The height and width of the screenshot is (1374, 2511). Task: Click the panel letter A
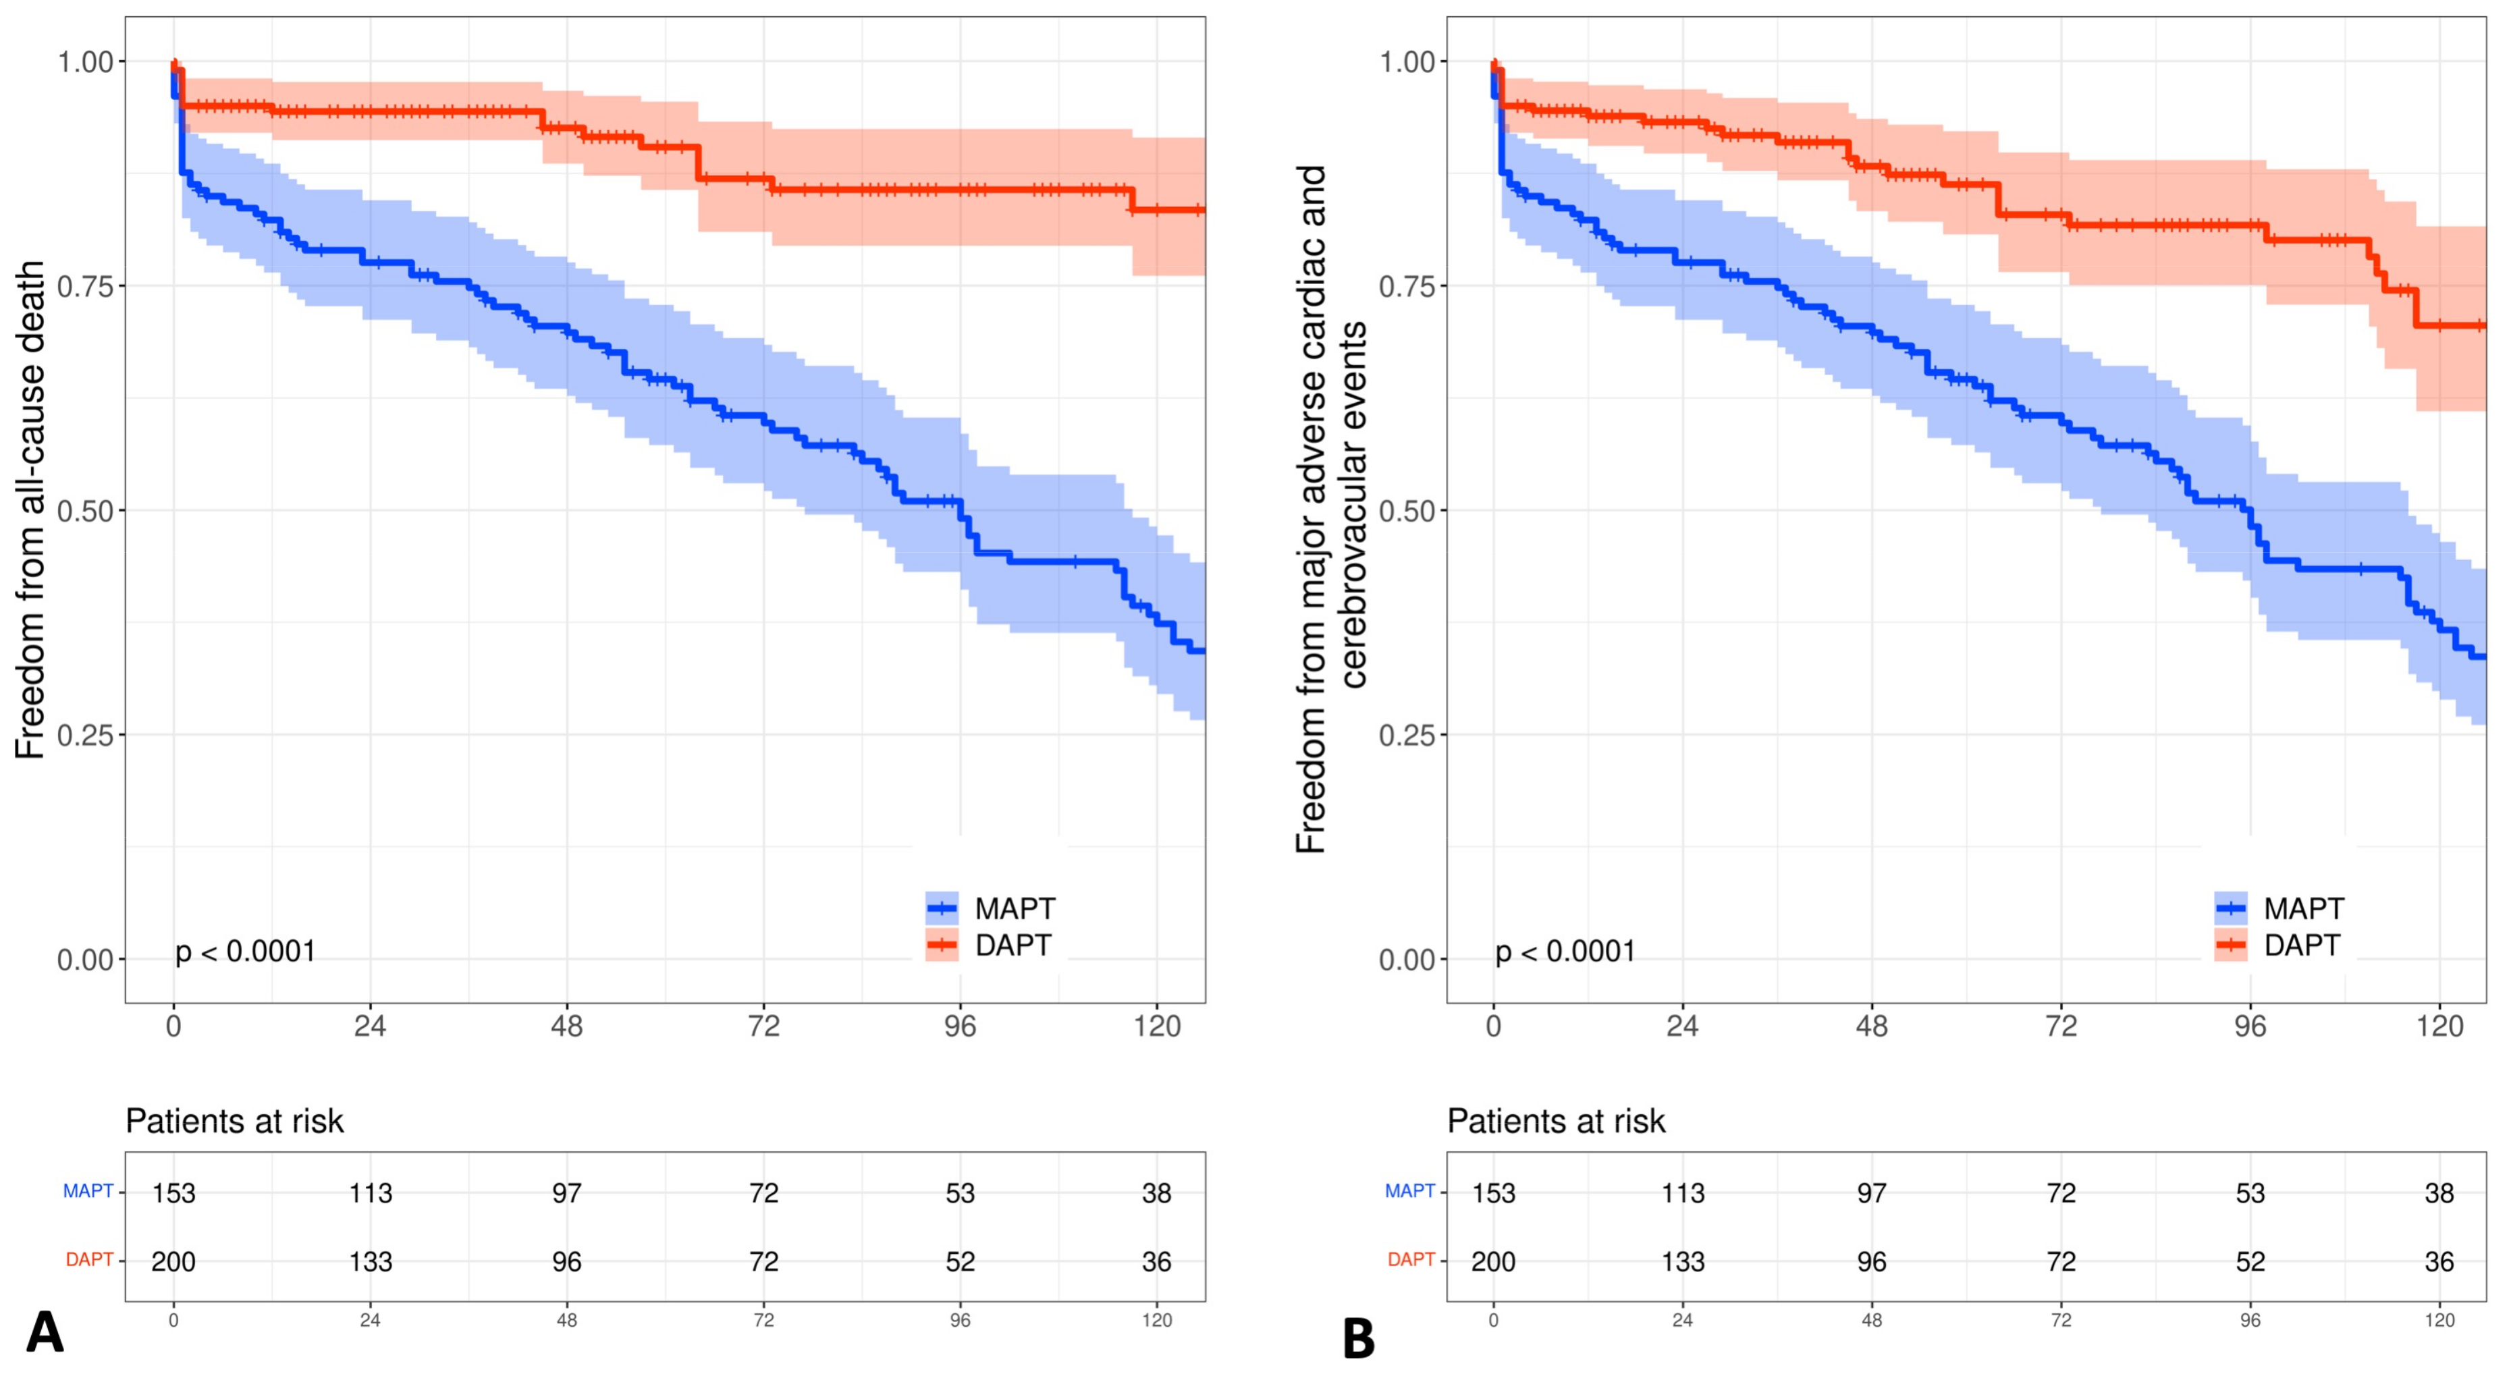tap(45, 1332)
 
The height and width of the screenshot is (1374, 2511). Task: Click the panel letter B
tap(1359, 1339)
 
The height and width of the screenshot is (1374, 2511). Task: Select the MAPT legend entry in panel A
tap(1014, 909)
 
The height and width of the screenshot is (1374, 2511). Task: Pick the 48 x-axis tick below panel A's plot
tap(566, 1027)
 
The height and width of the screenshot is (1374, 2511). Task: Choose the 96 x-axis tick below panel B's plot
tap(2250, 1027)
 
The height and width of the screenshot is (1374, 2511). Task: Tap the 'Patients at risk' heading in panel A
tap(235, 1122)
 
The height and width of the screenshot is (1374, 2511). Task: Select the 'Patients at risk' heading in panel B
tap(1556, 1122)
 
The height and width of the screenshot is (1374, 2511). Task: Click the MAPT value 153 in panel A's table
tap(173, 1192)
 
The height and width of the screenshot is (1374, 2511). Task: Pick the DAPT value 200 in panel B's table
tap(1493, 1262)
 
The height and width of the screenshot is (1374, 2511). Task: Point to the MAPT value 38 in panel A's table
tap(1157, 1192)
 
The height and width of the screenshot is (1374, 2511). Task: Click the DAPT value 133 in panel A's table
tap(371, 1262)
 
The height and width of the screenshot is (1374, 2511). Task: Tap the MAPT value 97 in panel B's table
tap(1872, 1192)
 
